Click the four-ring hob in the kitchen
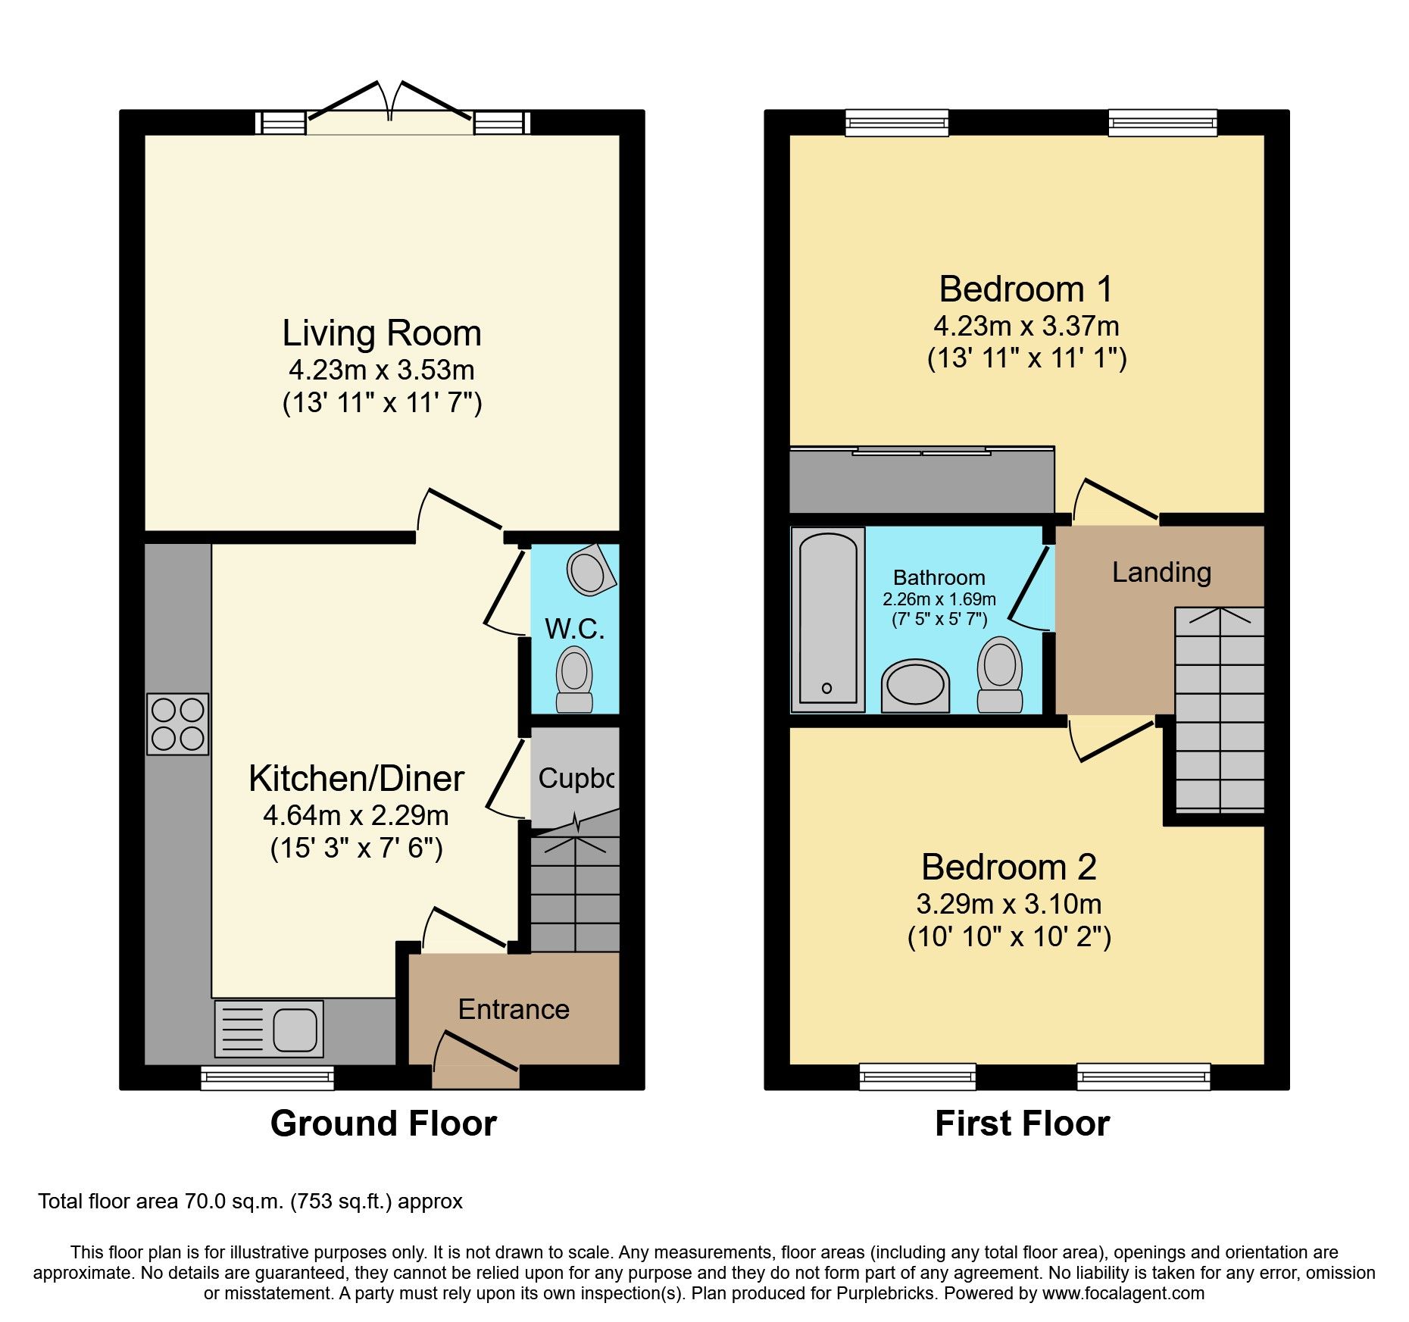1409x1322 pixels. click(178, 724)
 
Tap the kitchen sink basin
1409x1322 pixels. click(295, 1029)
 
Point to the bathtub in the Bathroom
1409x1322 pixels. click(828, 620)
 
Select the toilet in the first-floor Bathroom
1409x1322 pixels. click(1000, 674)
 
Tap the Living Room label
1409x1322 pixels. click(382, 333)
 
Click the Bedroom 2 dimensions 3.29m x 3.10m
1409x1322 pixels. click(1009, 904)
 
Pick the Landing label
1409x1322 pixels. click(1161, 572)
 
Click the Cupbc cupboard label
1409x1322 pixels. click(576, 778)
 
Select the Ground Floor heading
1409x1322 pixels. click(383, 1124)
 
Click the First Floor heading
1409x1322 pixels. click(1022, 1124)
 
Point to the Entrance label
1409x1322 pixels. click(514, 1009)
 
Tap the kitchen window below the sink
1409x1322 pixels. click(267, 1077)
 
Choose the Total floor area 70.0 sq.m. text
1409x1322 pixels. click(250, 1202)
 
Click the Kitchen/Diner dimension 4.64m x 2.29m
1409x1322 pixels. click(356, 815)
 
